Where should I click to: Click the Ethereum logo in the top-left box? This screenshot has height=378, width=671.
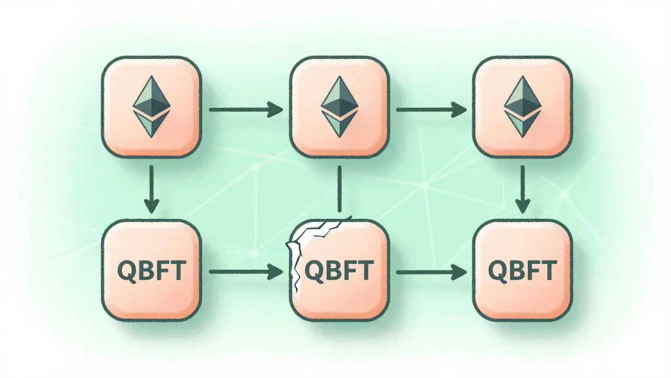coord(151,107)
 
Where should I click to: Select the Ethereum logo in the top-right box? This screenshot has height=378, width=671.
coord(522,107)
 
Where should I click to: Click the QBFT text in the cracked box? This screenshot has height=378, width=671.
coord(339,271)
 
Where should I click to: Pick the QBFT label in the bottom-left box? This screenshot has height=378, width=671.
coord(151,271)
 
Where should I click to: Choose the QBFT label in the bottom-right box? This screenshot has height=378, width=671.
coord(522,271)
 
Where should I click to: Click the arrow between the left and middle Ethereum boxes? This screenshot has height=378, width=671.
coord(245,110)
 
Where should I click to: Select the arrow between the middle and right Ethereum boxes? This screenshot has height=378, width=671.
coord(431,110)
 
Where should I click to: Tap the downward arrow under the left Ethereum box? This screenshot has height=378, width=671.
coord(151,189)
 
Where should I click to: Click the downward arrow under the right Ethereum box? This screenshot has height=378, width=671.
coord(522,189)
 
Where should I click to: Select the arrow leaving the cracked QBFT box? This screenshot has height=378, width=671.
coord(431,271)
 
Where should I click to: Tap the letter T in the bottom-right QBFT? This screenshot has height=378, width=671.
coord(549,271)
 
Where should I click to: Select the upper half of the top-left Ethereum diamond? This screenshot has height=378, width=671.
coord(151,94)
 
